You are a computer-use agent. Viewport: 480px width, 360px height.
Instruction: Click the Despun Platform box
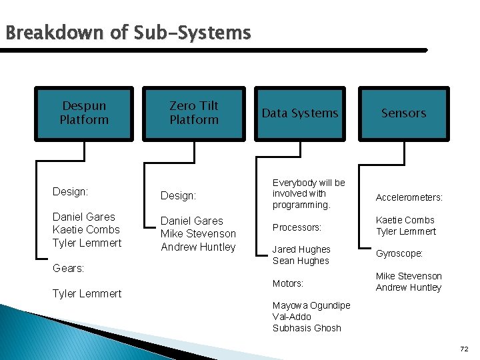pos(83,113)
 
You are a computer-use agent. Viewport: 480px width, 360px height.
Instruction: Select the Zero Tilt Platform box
pos(194,113)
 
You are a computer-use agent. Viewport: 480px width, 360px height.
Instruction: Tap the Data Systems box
pos(300,113)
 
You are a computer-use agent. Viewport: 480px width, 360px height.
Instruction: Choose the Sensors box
pos(403,113)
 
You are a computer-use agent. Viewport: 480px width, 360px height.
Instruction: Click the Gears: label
pos(68,268)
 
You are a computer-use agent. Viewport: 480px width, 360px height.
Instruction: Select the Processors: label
pos(297,227)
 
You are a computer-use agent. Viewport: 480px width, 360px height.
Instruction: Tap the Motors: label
pos(288,283)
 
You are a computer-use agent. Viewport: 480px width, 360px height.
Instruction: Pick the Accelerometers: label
pos(409,197)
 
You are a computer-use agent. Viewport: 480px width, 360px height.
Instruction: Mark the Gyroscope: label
pos(400,254)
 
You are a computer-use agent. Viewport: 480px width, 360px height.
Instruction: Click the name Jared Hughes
pos(301,249)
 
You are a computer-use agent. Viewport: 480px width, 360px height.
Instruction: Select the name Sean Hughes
pos(301,261)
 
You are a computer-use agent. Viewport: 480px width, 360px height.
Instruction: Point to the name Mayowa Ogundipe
pos(311,306)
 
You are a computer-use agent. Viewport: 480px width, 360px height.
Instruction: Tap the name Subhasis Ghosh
pos(307,328)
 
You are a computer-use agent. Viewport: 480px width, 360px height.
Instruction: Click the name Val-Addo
pos(292,317)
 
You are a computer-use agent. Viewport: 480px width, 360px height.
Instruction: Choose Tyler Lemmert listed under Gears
pos(87,293)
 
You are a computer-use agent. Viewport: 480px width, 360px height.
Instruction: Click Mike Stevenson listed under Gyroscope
pos(409,276)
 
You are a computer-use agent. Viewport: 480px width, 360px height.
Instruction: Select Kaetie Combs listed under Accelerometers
pos(405,220)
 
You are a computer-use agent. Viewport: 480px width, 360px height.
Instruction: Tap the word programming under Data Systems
pos(301,205)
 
